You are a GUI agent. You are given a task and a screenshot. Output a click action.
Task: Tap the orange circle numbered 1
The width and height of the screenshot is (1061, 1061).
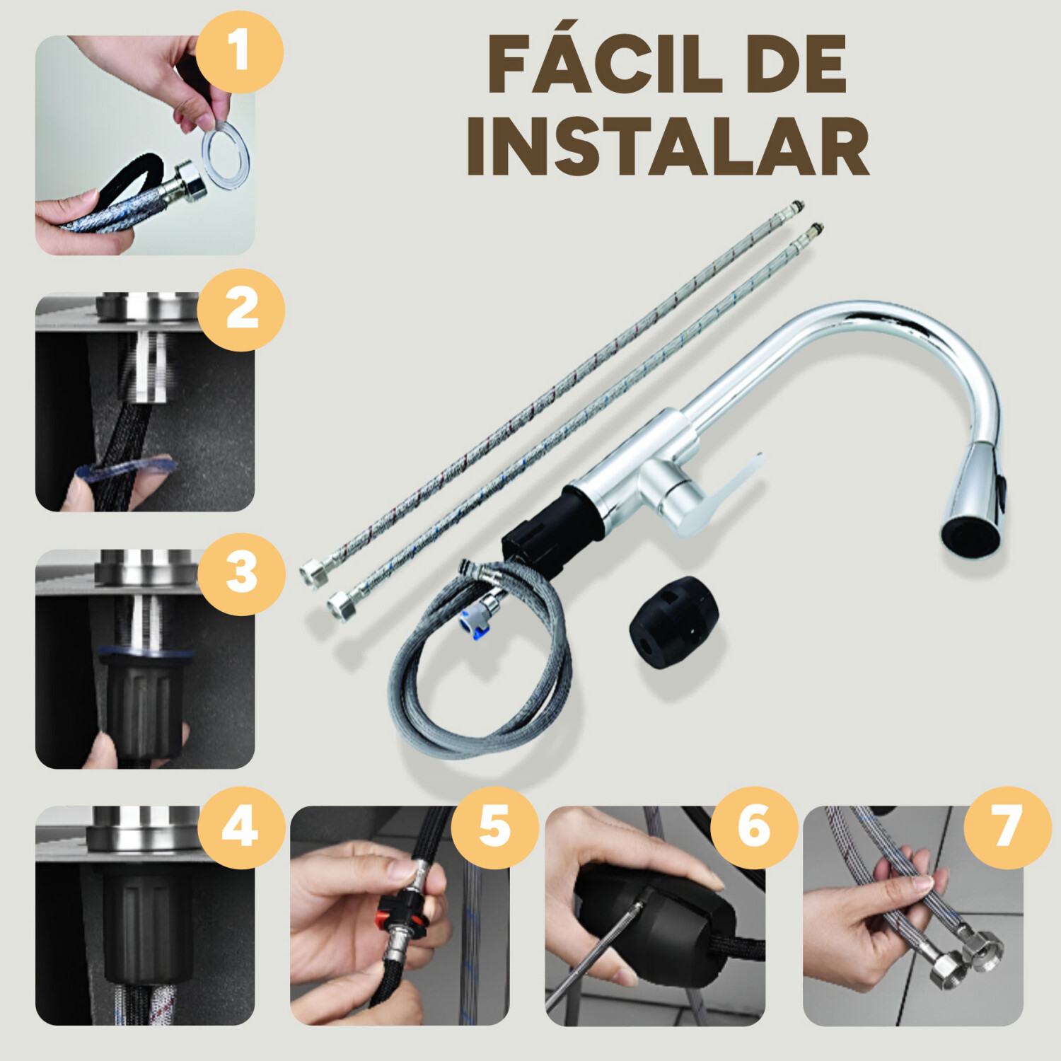[x=239, y=52]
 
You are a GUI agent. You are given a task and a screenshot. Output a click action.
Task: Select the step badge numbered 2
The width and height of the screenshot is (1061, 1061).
[x=240, y=310]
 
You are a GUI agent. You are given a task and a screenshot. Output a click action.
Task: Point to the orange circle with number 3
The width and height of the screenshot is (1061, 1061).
[x=241, y=574]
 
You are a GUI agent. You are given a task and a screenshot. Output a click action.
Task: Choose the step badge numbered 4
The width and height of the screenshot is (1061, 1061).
[x=240, y=828]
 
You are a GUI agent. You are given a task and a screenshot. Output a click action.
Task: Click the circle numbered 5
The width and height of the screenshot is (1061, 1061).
[x=494, y=828]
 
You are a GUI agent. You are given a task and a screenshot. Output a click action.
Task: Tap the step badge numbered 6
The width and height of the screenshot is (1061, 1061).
[x=754, y=828]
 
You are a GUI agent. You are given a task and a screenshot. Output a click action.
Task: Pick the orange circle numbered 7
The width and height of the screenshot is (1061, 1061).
[x=1007, y=828]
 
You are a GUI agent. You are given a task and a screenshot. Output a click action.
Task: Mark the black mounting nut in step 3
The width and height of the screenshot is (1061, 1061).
[x=141, y=700]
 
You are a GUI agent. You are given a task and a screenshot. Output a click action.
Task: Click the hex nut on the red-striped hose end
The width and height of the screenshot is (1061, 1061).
[x=313, y=572]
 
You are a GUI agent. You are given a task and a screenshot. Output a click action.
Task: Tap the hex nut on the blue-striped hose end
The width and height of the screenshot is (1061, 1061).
[x=342, y=605]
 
